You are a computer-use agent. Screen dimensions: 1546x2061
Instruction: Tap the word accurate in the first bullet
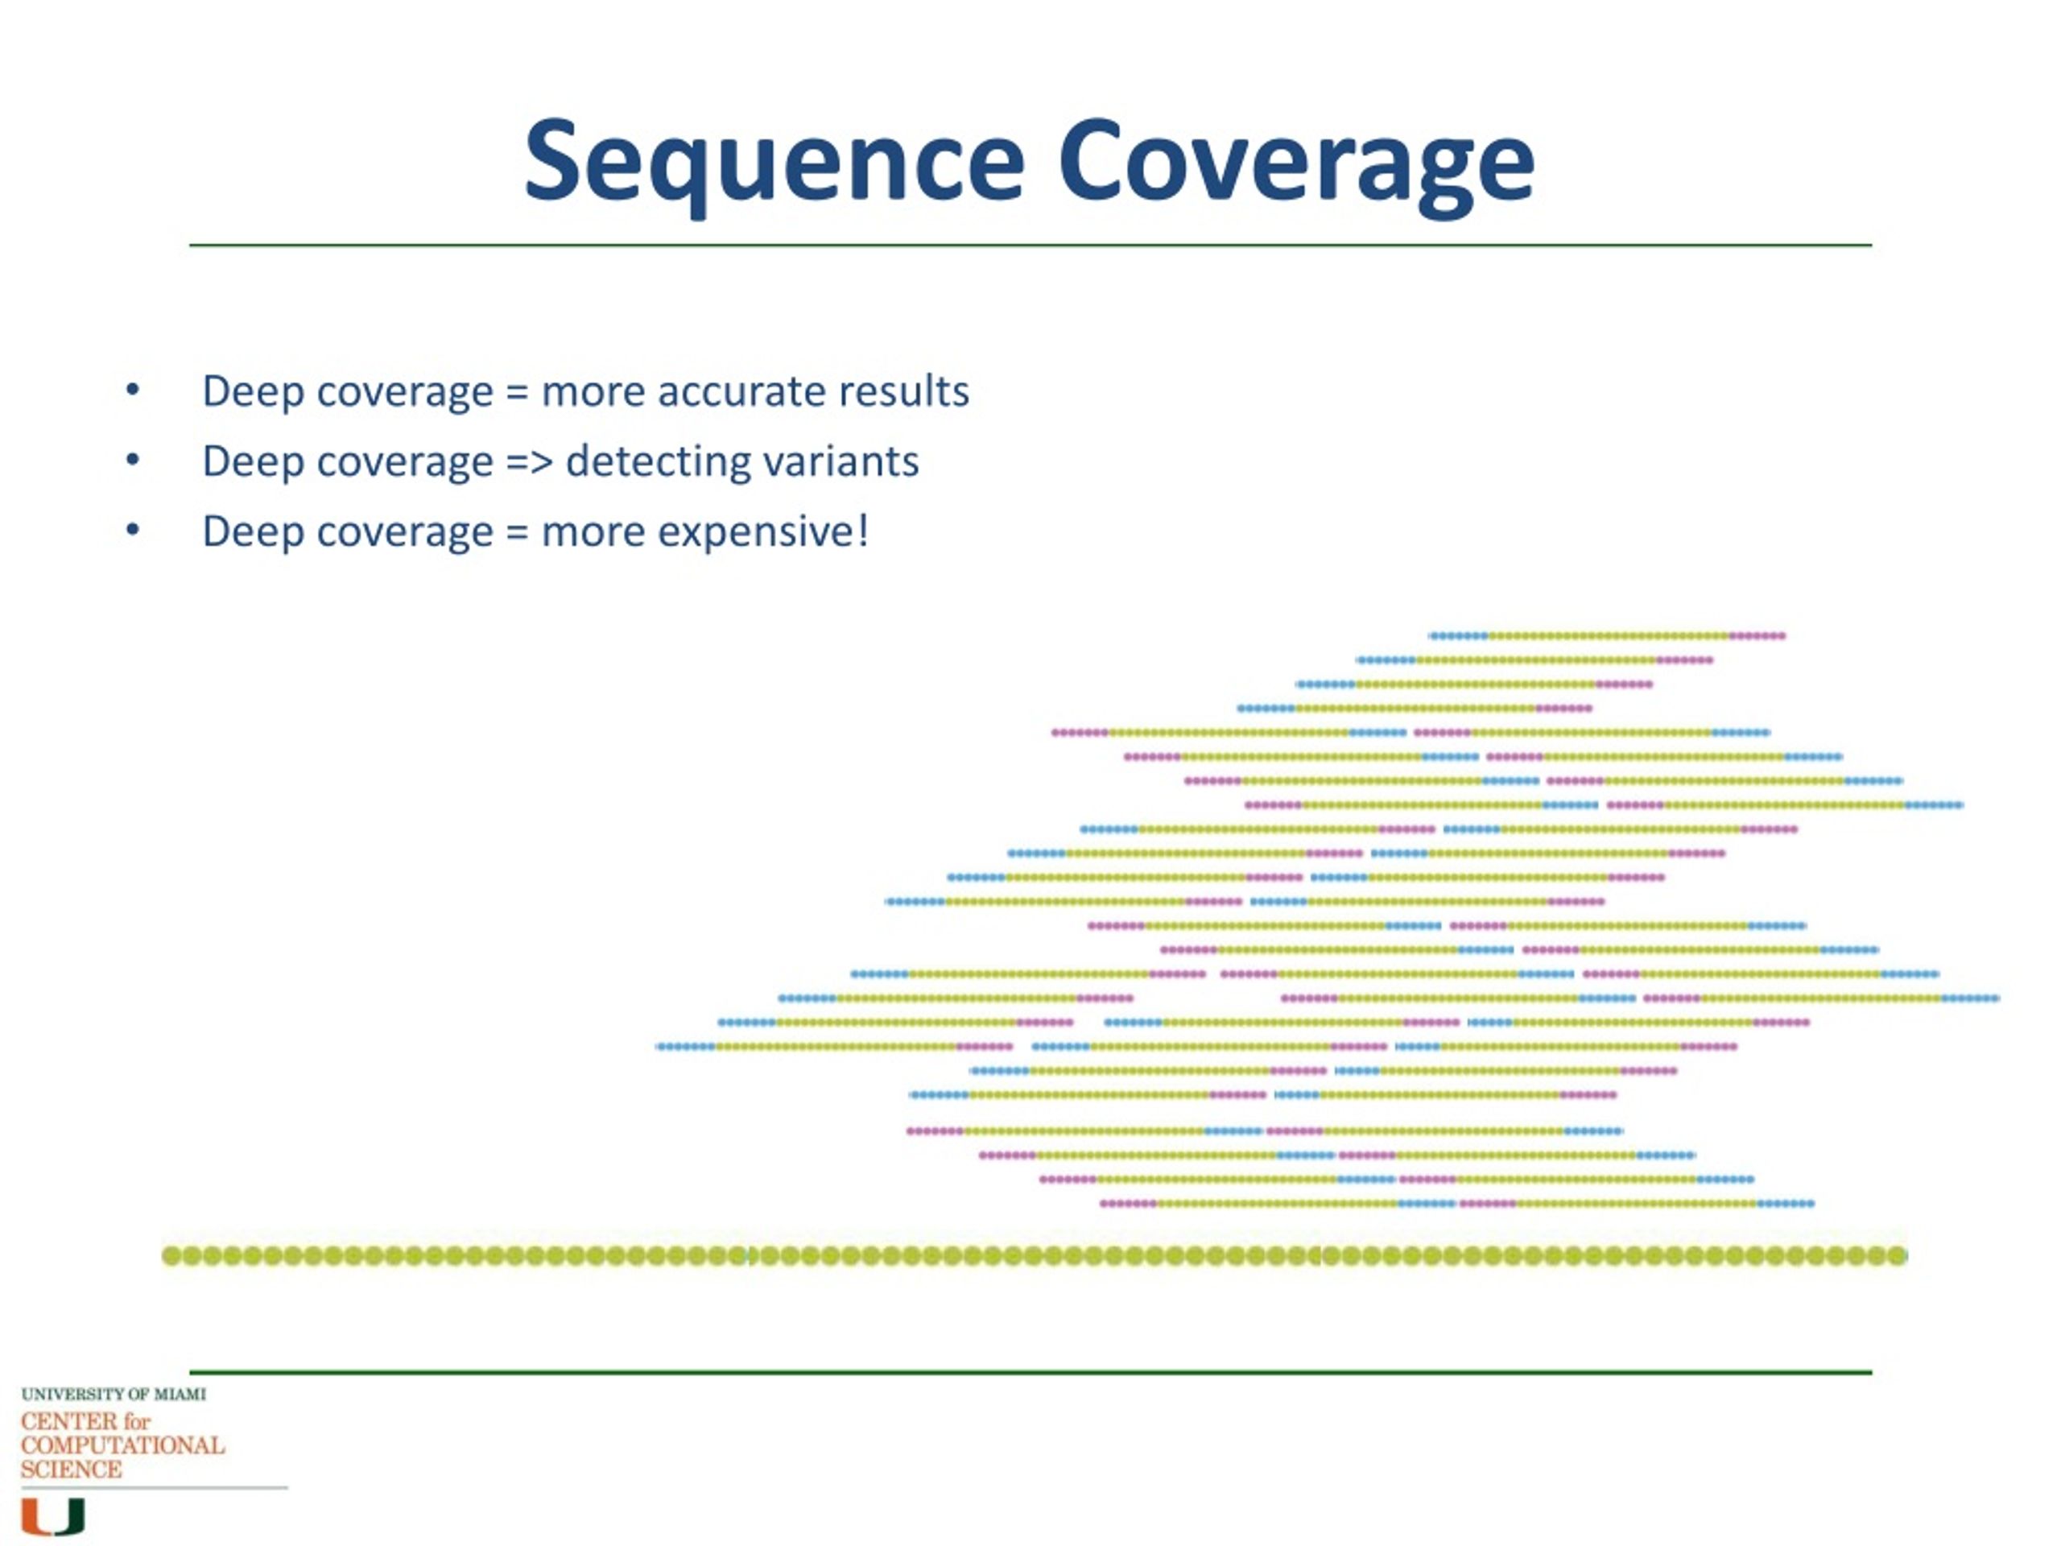[x=741, y=391]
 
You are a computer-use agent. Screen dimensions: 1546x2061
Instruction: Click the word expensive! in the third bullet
[x=763, y=532]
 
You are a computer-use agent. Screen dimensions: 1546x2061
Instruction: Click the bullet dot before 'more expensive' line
[x=132, y=531]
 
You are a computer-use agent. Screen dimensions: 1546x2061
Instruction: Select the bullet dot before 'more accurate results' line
[x=132, y=390]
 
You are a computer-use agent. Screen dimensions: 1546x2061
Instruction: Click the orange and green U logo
[x=53, y=1516]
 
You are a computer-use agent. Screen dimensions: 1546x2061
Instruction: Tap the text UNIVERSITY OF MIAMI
[x=114, y=1394]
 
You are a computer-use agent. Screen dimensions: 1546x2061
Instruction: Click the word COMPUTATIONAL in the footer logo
[x=122, y=1445]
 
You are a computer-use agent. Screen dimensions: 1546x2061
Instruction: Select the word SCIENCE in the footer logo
[x=71, y=1470]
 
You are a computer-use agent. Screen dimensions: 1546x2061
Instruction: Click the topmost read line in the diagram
[x=1607, y=635]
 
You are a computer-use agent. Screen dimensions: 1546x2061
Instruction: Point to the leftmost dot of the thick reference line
[x=171, y=1256]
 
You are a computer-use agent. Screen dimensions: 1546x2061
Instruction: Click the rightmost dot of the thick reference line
[x=1897, y=1256]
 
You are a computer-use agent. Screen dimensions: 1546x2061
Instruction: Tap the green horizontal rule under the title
[x=1030, y=245]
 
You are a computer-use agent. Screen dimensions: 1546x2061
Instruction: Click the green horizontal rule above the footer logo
[x=1030, y=1372]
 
